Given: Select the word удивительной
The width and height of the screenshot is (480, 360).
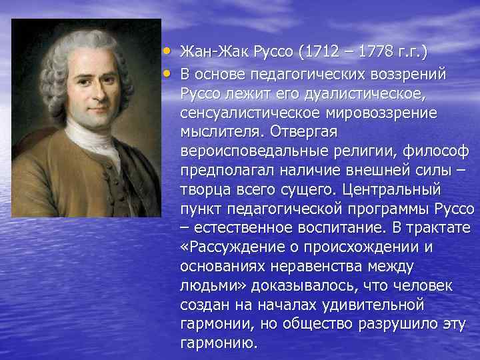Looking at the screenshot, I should point(371,306).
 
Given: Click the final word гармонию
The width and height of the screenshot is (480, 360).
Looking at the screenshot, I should point(218,345).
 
